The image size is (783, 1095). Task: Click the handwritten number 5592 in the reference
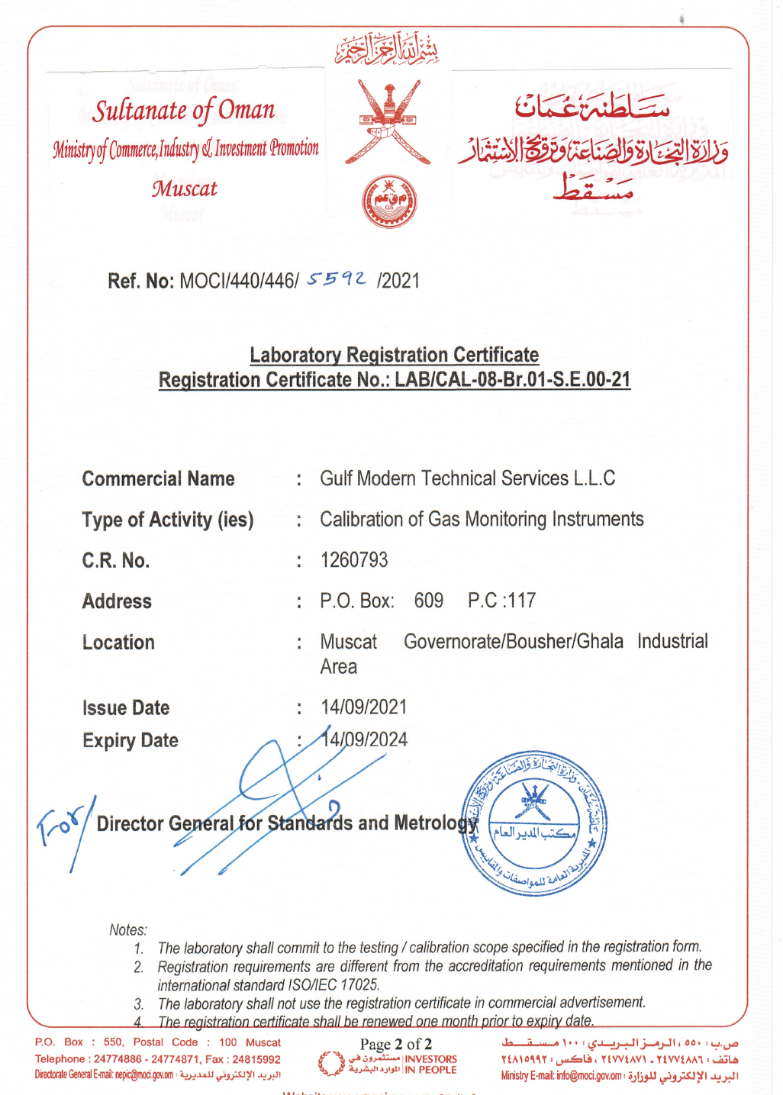[x=337, y=280]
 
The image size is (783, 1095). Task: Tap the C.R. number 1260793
[x=354, y=560]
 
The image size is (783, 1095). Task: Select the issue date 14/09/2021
[x=364, y=707]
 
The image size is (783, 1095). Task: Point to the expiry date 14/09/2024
[x=365, y=739]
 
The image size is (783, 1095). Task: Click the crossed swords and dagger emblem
[x=388, y=122]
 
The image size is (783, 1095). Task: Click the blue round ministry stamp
[x=534, y=823]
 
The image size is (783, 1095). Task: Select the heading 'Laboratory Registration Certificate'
[x=394, y=355]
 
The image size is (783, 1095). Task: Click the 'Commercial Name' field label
[x=158, y=479]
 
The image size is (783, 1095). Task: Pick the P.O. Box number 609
[x=429, y=601]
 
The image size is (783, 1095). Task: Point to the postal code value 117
[x=522, y=601]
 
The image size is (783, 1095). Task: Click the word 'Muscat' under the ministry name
[x=184, y=188]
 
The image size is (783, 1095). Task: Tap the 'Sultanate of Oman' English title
[x=183, y=111]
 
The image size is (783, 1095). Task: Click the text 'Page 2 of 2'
[x=396, y=1044]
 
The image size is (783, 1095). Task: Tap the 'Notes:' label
[x=128, y=929]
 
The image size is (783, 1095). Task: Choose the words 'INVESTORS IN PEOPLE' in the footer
[x=430, y=1064]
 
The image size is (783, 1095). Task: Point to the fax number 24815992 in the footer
[x=256, y=1059]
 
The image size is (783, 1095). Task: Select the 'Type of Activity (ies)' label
[x=168, y=520]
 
